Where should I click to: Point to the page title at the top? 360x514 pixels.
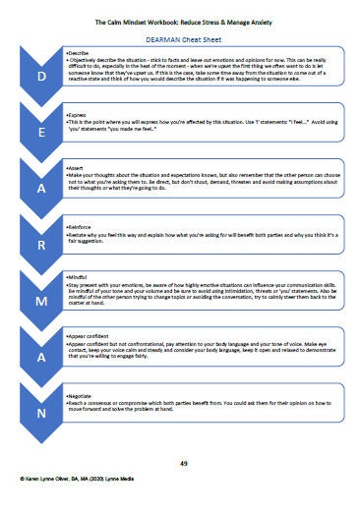179,17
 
